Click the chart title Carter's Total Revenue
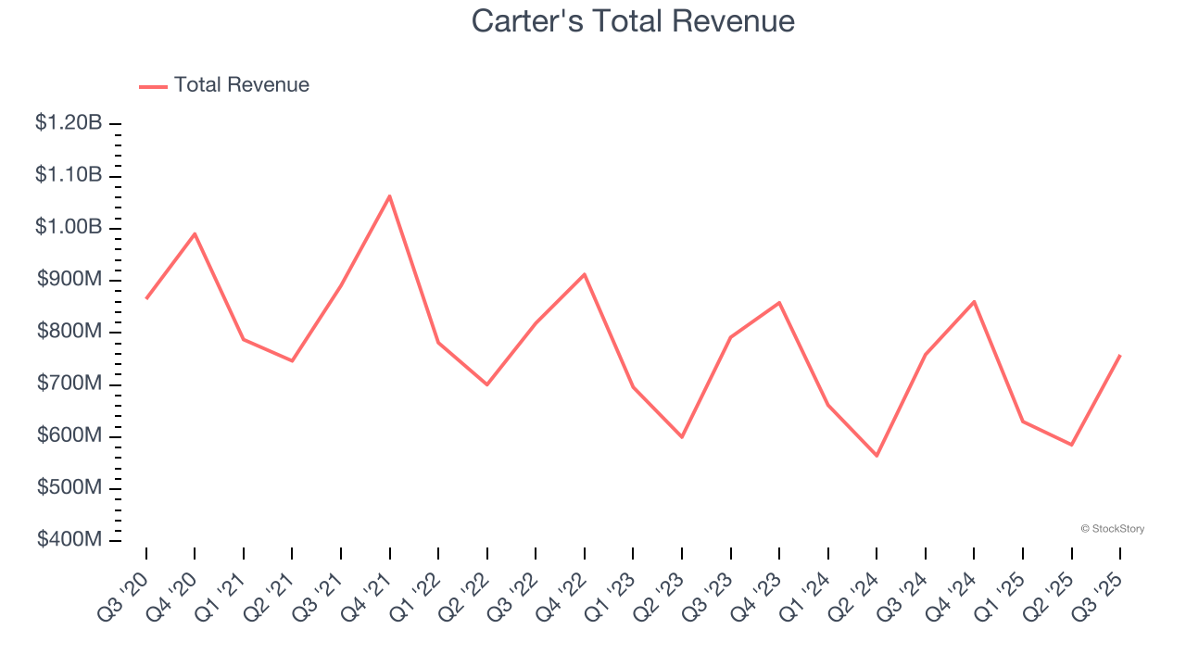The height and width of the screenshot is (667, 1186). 633,20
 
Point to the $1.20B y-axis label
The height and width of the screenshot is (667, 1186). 69,123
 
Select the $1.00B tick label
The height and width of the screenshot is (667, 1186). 69,228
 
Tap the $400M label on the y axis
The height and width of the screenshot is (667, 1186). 70,540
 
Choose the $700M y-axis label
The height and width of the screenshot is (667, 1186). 70,384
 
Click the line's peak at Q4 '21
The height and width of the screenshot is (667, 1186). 390,195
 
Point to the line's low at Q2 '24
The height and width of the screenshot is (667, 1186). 877,456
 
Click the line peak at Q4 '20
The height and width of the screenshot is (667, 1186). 195,233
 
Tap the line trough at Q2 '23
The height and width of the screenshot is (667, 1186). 682,436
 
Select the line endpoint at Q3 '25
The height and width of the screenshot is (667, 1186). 1120,355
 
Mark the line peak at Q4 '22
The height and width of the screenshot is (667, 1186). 585,274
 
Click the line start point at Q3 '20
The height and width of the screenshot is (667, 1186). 146,298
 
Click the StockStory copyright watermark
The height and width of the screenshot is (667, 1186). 1112,529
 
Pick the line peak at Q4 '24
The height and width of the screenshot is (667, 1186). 974,301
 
